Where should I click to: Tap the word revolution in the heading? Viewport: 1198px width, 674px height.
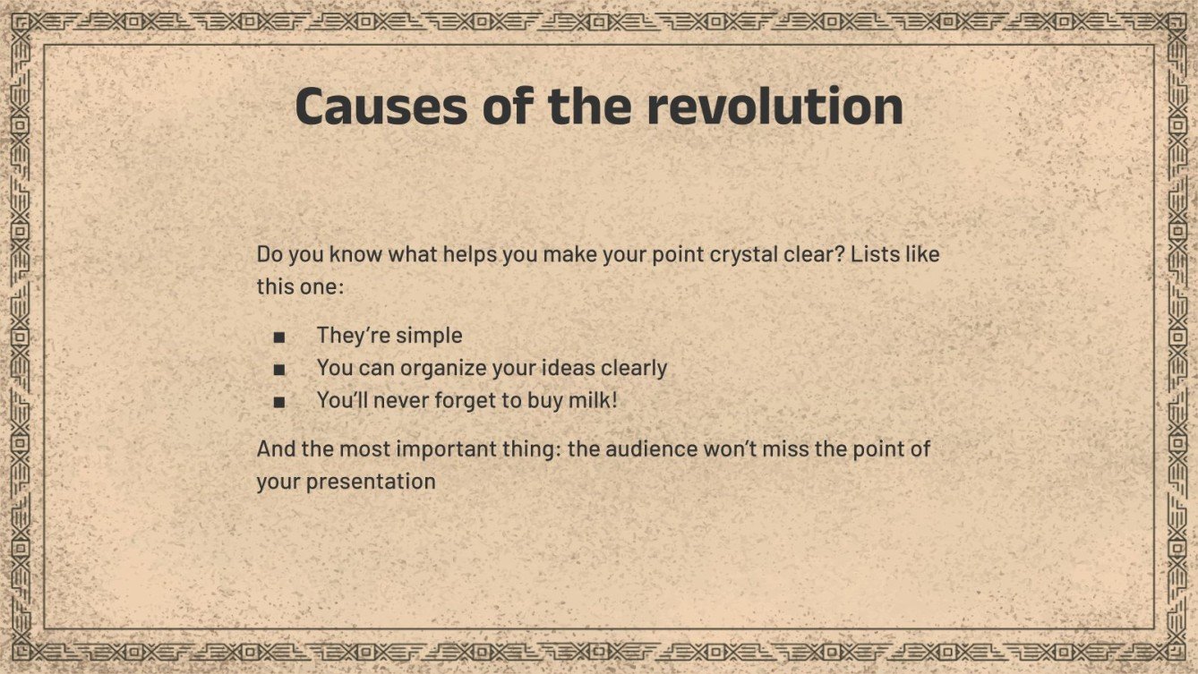pos(774,107)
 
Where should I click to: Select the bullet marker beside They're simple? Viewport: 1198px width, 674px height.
pos(279,337)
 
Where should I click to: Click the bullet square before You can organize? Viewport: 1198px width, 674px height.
pos(279,370)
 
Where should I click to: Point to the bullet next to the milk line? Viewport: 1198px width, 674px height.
pos(279,402)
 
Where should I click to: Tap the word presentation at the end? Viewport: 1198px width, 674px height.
pos(371,482)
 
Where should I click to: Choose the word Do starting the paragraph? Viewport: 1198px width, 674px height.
pos(268,254)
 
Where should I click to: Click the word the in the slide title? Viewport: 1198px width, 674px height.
pos(590,107)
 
